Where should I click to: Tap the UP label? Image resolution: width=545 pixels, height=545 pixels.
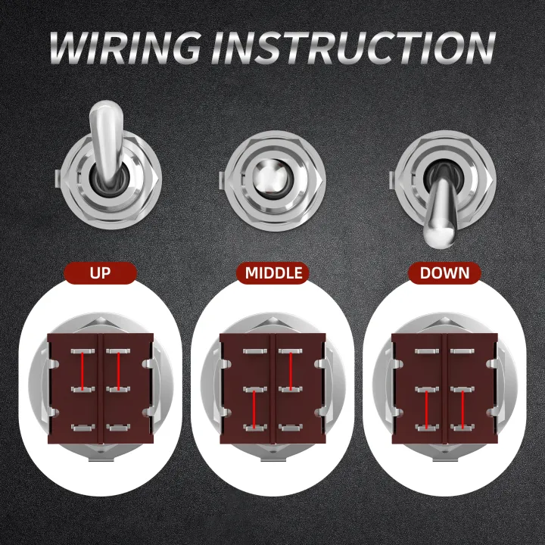(x=100, y=272)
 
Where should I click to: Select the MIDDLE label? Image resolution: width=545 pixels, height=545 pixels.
(x=272, y=272)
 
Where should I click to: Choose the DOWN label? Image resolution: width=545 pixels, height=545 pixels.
(x=444, y=272)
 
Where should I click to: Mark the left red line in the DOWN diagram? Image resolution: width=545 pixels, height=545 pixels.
(x=428, y=410)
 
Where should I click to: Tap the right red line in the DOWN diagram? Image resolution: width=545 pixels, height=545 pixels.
(x=463, y=410)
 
